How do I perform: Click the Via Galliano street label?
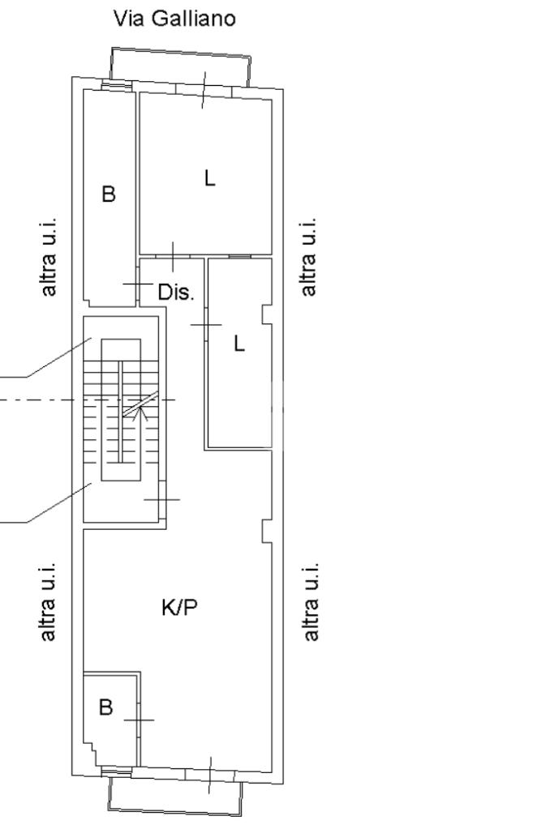point(174,19)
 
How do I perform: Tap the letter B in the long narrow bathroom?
point(109,194)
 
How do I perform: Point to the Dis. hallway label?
point(176,291)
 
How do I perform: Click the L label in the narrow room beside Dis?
point(240,344)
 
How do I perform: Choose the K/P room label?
point(179,608)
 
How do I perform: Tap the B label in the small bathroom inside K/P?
point(105,707)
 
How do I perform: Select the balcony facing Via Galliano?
point(180,66)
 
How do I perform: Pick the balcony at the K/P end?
point(175,797)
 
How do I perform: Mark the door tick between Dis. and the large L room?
point(173,257)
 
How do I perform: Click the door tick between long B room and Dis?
point(138,284)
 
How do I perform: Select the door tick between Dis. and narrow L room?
point(206,325)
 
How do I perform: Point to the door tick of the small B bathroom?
point(140,720)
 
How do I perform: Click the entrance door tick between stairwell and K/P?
point(162,499)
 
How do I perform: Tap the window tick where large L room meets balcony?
point(204,90)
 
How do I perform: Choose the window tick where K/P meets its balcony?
point(210,775)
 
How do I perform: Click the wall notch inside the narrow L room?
point(267,314)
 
